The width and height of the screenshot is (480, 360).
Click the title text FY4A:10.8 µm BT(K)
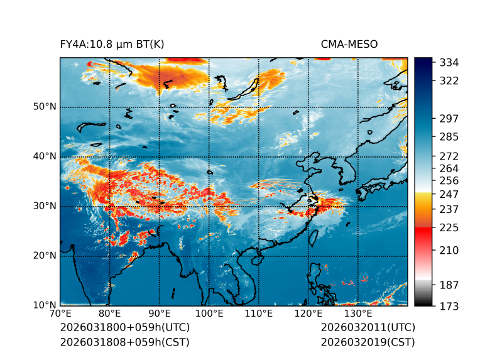tap(112, 45)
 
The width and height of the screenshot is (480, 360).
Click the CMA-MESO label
tap(349, 45)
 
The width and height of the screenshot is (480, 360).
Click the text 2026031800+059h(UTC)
tap(125, 328)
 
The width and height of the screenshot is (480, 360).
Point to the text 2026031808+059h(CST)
tap(124, 342)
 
